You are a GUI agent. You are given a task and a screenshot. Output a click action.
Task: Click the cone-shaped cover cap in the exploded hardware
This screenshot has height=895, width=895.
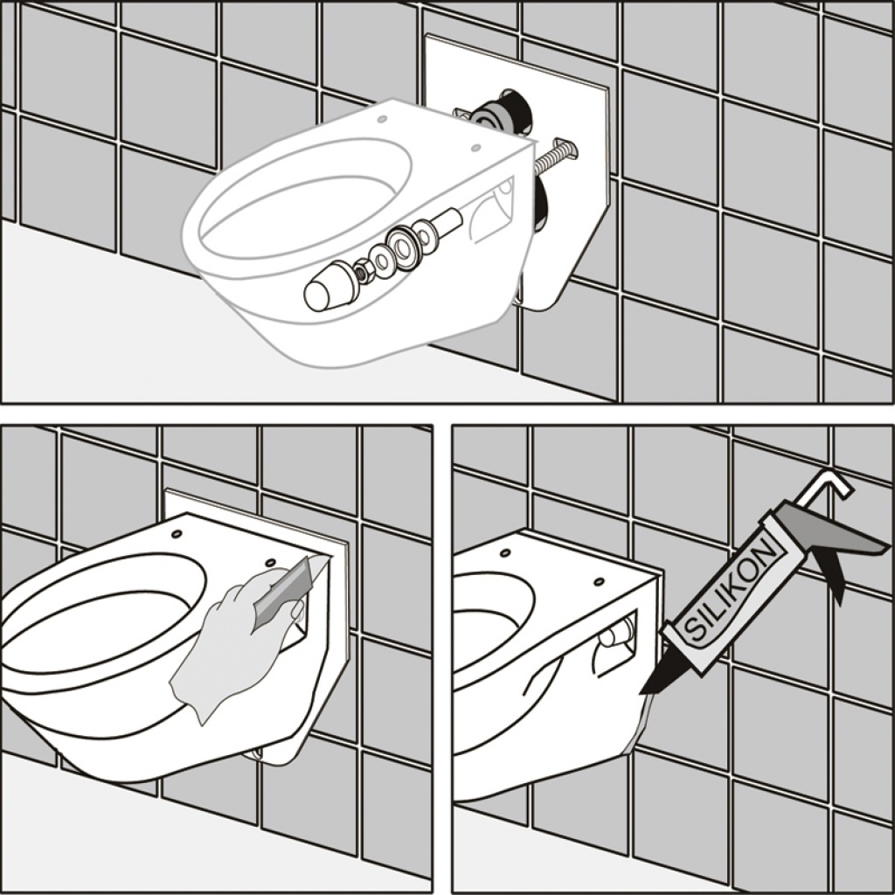point(329,286)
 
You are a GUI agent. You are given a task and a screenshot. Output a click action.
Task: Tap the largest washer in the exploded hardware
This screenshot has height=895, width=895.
point(404,247)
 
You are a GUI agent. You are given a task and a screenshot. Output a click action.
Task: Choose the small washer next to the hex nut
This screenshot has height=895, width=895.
point(379,259)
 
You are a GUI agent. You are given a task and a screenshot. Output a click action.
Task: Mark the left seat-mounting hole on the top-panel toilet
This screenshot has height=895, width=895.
point(382,119)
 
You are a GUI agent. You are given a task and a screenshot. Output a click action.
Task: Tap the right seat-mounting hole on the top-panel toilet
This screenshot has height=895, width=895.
point(475,148)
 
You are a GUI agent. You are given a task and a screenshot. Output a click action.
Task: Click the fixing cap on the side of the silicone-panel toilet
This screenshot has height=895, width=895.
point(612,636)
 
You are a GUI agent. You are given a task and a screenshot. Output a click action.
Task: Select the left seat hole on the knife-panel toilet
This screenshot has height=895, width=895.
point(177,534)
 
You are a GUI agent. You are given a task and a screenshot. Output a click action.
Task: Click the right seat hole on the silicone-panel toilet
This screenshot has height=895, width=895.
point(599,581)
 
